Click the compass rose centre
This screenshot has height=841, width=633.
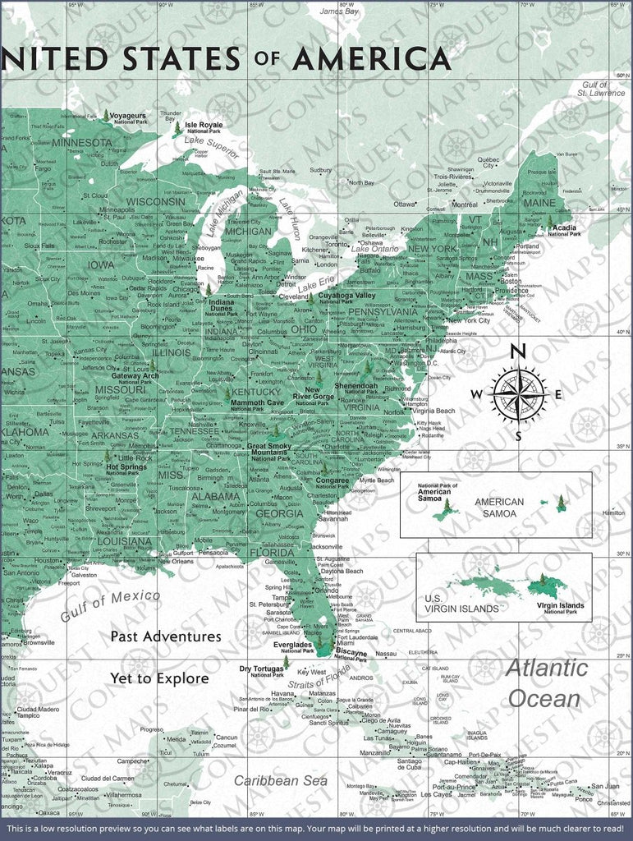click(518, 394)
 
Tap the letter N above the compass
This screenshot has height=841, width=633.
click(518, 352)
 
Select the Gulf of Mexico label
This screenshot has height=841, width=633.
click(109, 606)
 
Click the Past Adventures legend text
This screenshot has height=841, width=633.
click(166, 636)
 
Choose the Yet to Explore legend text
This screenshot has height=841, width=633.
click(159, 678)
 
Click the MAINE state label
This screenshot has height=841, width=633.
click(539, 202)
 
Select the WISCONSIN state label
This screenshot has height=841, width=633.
click(156, 201)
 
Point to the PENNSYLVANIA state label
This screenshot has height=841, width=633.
click(384, 312)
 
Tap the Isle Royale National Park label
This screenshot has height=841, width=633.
click(204, 127)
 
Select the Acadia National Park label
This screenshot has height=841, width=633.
click(565, 230)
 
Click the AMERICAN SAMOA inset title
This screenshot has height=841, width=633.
click(499, 508)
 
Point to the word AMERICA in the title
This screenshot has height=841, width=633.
click(371, 59)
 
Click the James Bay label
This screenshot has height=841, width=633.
click(338, 12)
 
